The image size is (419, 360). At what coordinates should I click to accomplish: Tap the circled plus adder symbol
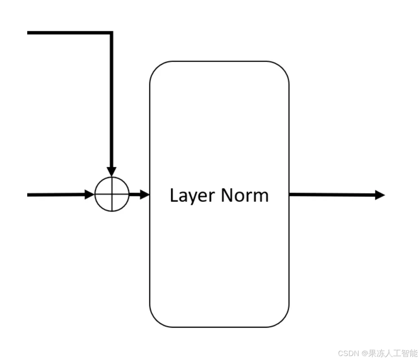click(x=112, y=194)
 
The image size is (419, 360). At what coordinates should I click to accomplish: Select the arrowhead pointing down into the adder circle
click(x=112, y=172)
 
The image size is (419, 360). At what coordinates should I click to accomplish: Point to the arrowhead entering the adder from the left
click(x=90, y=194)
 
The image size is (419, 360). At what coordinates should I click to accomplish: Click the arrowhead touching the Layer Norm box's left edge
click(x=145, y=194)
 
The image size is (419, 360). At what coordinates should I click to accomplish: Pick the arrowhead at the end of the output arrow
click(x=380, y=195)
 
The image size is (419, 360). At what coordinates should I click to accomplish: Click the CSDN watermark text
click(x=348, y=353)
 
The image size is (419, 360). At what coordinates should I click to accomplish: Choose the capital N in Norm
click(x=227, y=195)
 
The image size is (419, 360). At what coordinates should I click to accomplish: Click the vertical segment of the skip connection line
click(x=111, y=102)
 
